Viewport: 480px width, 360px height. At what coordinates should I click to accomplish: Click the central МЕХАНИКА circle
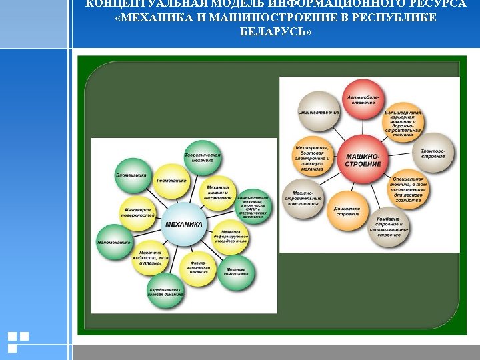(x=183, y=225)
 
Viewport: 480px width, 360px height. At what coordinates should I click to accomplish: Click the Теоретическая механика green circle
(x=203, y=157)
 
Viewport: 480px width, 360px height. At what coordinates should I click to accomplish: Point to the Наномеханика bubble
(x=114, y=242)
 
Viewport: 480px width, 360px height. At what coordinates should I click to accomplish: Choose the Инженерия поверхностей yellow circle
(x=139, y=213)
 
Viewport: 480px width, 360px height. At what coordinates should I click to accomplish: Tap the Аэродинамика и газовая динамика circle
(x=165, y=291)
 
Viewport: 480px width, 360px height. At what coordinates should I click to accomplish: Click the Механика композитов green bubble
(x=236, y=271)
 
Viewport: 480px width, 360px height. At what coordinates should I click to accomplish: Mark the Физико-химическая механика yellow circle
(x=199, y=268)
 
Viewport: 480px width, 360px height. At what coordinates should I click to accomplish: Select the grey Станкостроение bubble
(x=319, y=112)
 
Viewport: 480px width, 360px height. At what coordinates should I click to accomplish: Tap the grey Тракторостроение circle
(x=433, y=154)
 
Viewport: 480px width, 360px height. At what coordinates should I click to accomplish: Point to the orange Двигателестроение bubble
(x=348, y=212)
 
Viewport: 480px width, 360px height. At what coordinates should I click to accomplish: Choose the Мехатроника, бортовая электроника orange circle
(x=311, y=157)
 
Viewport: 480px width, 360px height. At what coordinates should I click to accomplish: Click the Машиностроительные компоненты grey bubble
(x=303, y=198)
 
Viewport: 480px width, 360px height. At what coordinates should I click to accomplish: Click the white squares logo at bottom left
(x=17, y=341)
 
